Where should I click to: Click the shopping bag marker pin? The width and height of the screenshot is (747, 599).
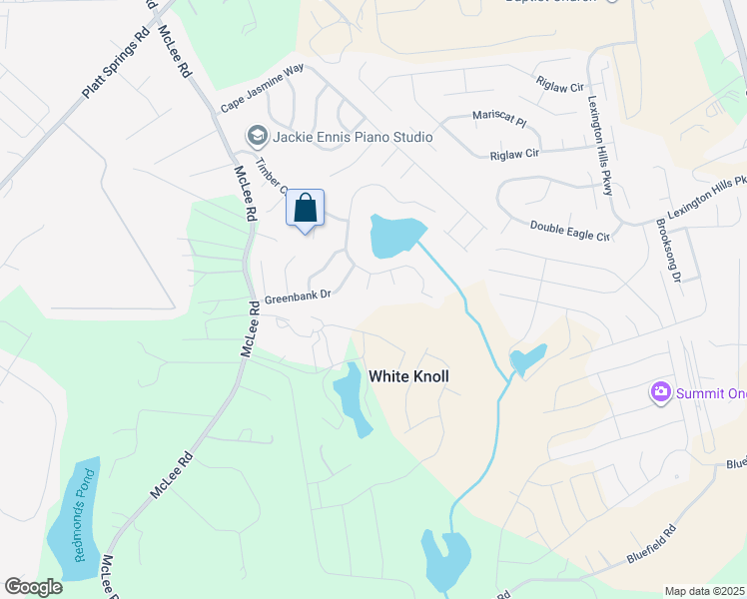pyautogui.click(x=306, y=210)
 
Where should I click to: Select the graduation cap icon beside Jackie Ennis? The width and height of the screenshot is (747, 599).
pyautogui.click(x=257, y=136)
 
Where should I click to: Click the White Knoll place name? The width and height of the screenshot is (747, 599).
pyautogui.click(x=409, y=376)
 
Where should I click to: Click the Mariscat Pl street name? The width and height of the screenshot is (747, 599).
pyautogui.click(x=498, y=118)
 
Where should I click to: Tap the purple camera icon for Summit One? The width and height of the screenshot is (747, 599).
pyautogui.click(x=659, y=392)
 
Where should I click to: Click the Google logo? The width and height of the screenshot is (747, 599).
pyautogui.click(x=33, y=587)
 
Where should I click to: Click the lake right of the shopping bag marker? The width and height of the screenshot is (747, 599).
pyautogui.click(x=395, y=236)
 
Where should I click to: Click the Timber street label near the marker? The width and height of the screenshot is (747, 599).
pyautogui.click(x=271, y=176)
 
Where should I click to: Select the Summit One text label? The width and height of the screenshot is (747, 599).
pyautogui.click(x=711, y=393)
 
